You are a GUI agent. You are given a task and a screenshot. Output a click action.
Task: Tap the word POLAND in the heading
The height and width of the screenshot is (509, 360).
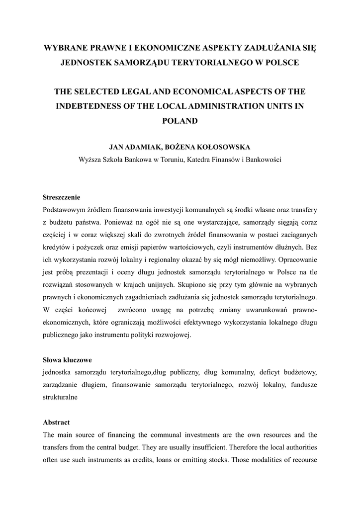[180, 120]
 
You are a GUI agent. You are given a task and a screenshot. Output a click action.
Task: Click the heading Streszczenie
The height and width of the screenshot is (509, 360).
[62, 197]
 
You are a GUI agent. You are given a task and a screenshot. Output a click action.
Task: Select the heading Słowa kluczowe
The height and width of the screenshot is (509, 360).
[67, 359]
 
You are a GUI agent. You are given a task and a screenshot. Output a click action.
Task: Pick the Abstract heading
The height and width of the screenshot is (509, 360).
[56, 422]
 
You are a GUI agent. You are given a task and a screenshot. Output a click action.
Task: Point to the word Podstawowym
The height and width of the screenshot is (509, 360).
[65, 209]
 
